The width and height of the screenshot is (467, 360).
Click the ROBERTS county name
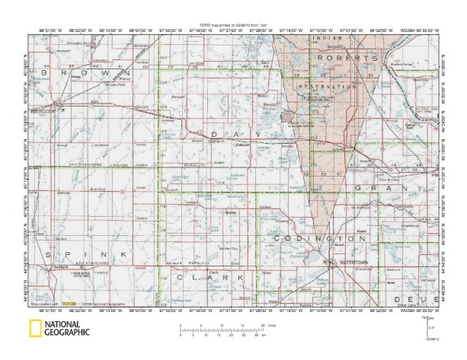(x=347, y=58)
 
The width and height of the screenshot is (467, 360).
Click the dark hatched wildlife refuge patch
(x=287, y=116)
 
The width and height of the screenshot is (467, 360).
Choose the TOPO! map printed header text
(x=232, y=25)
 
